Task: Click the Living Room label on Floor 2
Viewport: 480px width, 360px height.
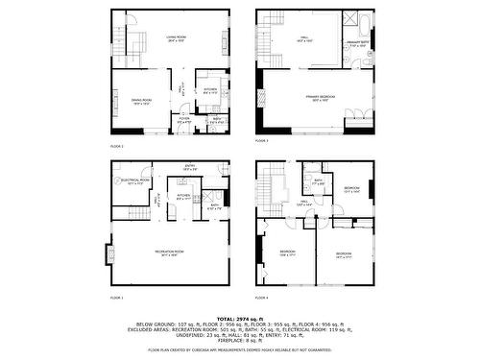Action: [x=175, y=38]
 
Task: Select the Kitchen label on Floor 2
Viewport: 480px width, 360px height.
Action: [x=210, y=90]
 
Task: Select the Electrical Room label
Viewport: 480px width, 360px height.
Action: [x=135, y=180]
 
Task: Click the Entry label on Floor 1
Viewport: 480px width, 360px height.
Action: [x=189, y=167]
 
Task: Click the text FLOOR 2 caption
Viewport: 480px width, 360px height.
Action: [x=117, y=146]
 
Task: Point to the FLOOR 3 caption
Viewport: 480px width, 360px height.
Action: [x=261, y=141]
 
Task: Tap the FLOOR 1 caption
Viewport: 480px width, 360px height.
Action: [x=117, y=298]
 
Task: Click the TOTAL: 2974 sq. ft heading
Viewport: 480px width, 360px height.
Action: [x=239, y=318]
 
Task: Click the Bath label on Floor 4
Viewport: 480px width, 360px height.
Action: [x=318, y=180]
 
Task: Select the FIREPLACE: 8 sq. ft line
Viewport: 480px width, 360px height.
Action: [x=240, y=341]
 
